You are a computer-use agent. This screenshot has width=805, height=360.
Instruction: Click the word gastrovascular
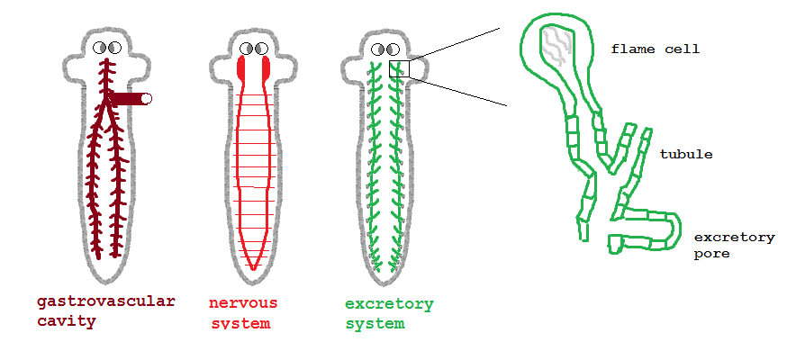tap(105, 301)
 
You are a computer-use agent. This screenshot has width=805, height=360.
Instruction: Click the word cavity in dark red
tap(67, 321)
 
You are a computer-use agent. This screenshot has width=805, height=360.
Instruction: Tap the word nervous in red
tap(243, 302)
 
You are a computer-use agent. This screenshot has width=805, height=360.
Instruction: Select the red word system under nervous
tap(240, 324)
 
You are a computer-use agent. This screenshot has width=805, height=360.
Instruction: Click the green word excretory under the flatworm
tap(389, 304)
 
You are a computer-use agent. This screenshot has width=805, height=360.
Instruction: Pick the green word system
tap(375, 324)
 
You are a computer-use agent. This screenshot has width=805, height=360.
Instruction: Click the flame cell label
tap(656, 49)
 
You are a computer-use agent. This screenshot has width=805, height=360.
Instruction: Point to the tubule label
tap(686, 154)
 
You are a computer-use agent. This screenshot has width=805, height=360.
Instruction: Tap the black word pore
tap(711, 254)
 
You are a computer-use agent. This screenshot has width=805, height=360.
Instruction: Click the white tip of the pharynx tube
tap(146, 98)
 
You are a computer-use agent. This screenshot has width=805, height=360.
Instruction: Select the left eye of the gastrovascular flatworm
tap(100, 48)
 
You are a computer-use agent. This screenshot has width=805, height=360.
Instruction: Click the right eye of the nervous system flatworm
tap(261, 49)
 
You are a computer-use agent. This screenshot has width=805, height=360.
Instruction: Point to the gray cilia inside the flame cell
tap(557, 46)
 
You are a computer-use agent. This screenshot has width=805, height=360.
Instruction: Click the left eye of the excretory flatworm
tap(378, 49)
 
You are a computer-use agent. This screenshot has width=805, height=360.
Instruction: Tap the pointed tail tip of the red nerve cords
tap(253, 268)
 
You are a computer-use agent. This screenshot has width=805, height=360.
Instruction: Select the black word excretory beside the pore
tap(734, 238)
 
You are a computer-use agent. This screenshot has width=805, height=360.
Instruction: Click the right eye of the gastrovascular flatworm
tap(114, 48)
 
